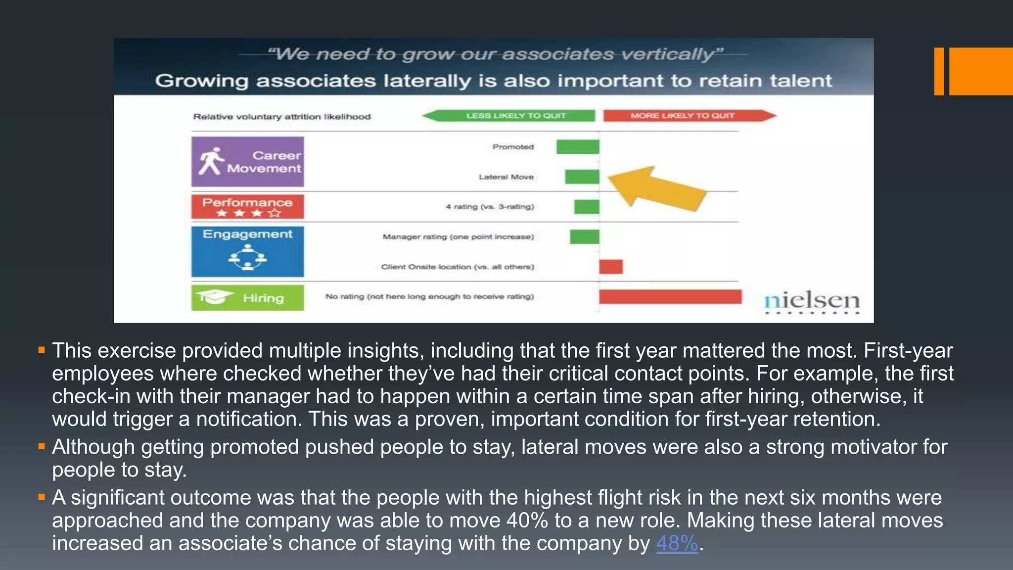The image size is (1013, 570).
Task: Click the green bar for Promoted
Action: (x=577, y=147)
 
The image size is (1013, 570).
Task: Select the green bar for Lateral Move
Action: (x=582, y=177)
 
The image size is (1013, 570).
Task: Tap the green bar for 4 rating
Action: (x=586, y=207)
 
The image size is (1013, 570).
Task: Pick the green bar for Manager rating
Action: (x=584, y=237)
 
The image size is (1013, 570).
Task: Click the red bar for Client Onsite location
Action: (x=611, y=267)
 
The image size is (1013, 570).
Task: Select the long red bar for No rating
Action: (x=670, y=297)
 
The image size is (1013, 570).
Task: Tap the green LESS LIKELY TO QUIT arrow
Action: (x=509, y=116)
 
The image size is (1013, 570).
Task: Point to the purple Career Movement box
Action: (x=248, y=162)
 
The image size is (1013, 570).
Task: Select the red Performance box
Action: (x=248, y=207)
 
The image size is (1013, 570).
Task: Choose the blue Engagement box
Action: (x=248, y=251)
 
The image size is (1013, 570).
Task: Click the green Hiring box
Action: (x=248, y=298)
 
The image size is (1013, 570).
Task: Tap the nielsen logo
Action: (x=812, y=301)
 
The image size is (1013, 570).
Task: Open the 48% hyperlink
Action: (x=677, y=543)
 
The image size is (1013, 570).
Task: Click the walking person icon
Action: (x=211, y=161)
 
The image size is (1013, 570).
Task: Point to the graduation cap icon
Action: (x=214, y=297)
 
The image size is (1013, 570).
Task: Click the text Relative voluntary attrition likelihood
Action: (x=281, y=117)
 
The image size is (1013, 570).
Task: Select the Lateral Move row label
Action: (x=506, y=177)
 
